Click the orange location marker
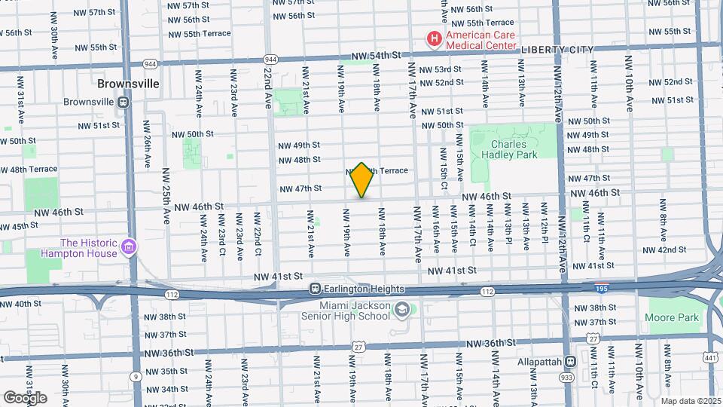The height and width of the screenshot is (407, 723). (x=361, y=180)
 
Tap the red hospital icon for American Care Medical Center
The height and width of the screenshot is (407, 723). (x=434, y=38)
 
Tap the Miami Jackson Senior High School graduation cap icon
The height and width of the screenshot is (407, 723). (x=402, y=310)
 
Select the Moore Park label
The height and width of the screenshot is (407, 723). (x=671, y=317)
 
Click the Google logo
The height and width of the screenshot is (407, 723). (x=25, y=397)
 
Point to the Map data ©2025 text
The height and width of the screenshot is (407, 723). (x=691, y=400)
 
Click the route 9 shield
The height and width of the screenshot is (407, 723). (x=134, y=375)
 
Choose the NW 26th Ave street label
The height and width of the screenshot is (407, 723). (x=148, y=151)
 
